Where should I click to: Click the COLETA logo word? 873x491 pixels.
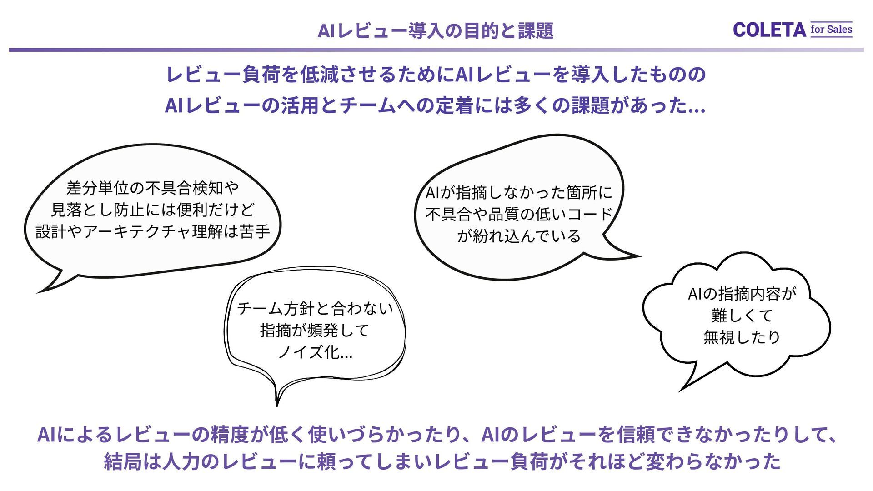point(769,30)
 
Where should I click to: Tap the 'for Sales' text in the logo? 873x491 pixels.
point(831,30)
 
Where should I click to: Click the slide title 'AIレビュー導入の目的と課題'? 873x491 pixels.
point(435,31)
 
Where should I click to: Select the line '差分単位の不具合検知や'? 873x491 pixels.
point(153,188)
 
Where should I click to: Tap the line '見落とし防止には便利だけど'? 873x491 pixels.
point(153,210)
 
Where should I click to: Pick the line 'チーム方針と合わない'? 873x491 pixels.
point(315,309)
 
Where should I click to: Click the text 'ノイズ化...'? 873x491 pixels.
point(315,352)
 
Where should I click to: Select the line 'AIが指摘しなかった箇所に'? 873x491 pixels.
point(519,192)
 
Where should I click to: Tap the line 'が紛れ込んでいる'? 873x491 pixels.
point(519,236)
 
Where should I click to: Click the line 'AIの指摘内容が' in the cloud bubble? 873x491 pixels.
point(742,294)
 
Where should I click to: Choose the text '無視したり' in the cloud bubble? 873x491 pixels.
point(742,337)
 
